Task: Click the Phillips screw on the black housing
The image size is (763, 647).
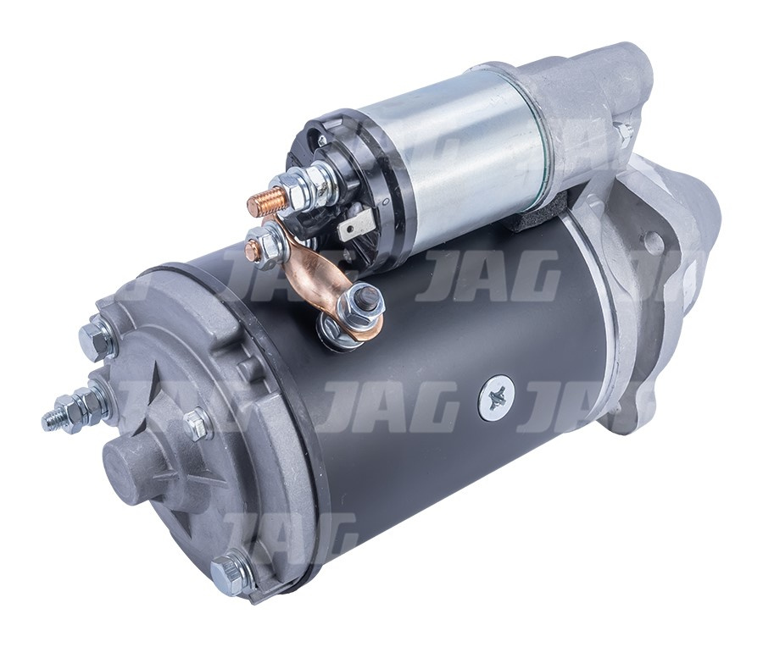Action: (495, 397)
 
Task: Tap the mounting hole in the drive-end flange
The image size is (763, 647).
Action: (653, 242)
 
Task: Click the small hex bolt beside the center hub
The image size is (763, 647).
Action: (196, 423)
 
